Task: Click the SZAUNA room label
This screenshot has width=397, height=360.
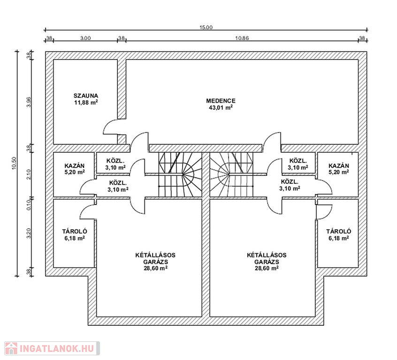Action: coord(86,96)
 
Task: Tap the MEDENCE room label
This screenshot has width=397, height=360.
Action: coord(221,101)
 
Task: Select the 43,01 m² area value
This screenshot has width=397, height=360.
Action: coord(221,107)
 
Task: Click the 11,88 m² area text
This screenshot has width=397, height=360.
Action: coord(86,102)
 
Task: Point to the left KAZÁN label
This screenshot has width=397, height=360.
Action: coord(75,166)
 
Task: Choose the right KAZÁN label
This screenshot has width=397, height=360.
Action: coord(339,166)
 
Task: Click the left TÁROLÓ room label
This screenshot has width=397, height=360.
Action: coord(75,232)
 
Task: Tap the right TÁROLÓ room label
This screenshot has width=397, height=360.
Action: coord(339,232)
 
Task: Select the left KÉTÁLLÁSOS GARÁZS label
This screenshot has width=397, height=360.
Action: coord(155,258)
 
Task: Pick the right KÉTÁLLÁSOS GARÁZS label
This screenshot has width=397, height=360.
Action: coord(267,258)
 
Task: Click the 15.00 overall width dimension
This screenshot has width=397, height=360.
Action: coord(206,27)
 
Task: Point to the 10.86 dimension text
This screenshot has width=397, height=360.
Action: coord(242,38)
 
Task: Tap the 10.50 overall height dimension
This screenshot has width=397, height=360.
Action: coord(14,163)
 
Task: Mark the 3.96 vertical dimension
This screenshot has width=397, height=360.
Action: coord(29,102)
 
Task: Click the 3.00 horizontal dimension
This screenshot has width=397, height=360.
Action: coord(85,38)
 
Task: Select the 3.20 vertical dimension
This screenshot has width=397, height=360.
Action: coord(29,233)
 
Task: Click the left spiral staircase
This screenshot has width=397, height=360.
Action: coord(180,174)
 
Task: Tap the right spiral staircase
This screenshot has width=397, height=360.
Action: coord(231,174)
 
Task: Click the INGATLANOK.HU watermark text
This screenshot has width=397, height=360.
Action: coord(56,349)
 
